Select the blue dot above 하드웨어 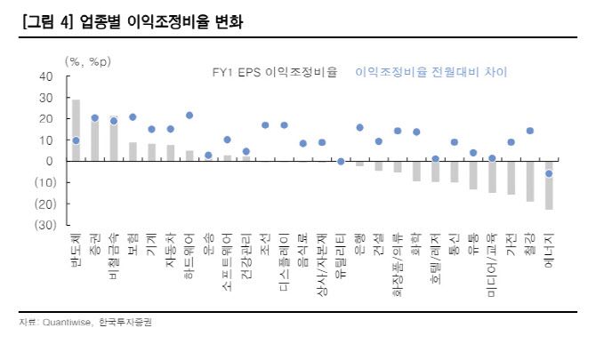pos(189,116)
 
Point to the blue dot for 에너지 pos(549,173)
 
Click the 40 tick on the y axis pos(45,76)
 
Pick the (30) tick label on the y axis pos(42,225)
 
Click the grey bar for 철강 pos(530,181)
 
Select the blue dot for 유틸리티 pos(341,162)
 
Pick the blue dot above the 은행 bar pos(359,127)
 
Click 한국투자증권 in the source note pos(125,322)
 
